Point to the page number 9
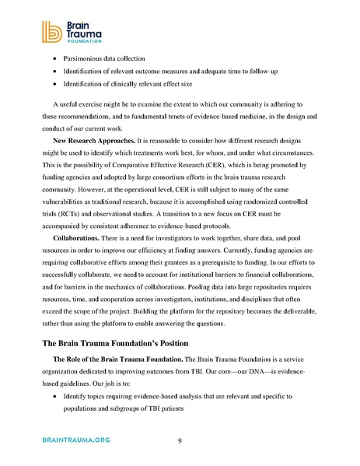click(x=180, y=441)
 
